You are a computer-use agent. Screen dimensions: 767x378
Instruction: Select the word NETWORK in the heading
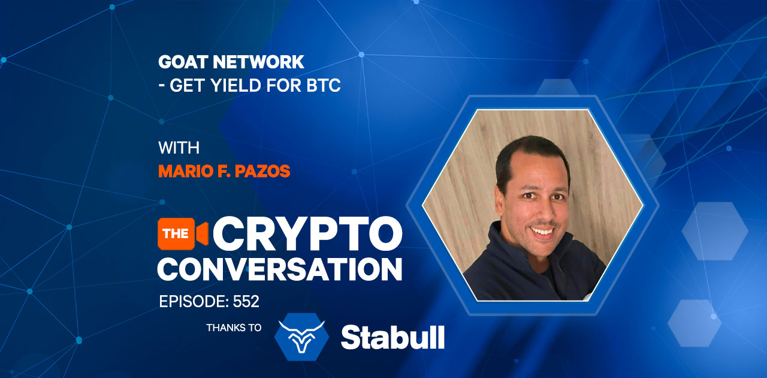258,62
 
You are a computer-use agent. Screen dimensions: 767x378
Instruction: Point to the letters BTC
324,85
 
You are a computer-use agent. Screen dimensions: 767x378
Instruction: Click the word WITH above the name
179,148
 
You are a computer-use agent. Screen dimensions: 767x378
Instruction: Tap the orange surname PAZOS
262,171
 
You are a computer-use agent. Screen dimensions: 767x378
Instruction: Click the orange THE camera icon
183,233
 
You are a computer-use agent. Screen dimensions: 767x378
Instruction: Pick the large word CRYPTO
307,233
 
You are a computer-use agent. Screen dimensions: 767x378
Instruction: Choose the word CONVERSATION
280,269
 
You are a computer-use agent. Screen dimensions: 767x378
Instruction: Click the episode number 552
246,302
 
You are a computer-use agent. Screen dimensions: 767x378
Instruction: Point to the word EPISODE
194,302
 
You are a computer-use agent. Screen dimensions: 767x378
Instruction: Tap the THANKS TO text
234,328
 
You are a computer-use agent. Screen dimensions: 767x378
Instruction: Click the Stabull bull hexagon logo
301,337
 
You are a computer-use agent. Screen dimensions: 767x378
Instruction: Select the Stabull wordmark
392,338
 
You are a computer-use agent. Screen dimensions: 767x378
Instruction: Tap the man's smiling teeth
542,231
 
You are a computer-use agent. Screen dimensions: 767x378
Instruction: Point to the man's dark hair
527,154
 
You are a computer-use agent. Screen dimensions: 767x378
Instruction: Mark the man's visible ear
500,202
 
